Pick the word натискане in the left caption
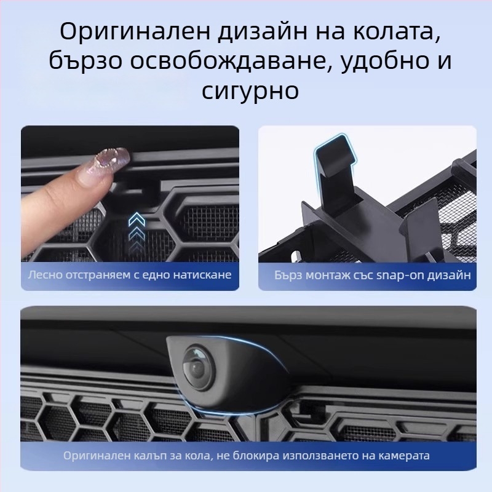point(205,274)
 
